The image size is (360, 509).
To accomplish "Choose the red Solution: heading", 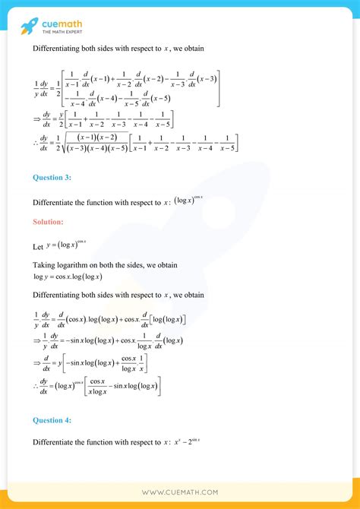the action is [x=48, y=222].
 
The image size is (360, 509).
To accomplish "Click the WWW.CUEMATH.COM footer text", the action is [x=181, y=492].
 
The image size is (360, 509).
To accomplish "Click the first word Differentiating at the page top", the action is [x=62, y=49].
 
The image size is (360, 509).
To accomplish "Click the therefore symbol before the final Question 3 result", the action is [x=36, y=387].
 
